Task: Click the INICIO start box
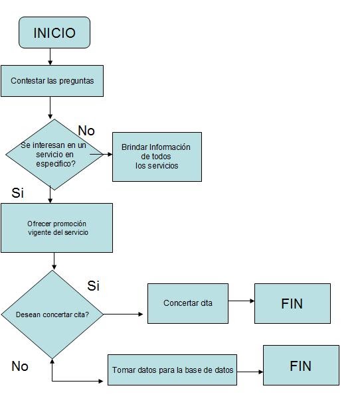click(54, 33)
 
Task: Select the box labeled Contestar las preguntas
click(52, 81)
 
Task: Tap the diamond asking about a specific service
click(54, 155)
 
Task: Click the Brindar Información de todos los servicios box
click(157, 157)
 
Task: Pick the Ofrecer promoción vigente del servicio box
click(56, 228)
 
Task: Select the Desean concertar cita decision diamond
click(52, 314)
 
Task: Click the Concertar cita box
click(188, 303)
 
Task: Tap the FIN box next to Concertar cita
click(292, 303)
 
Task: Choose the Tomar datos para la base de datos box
click(172, 370)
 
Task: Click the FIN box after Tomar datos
click(302, 365)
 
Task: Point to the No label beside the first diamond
click(86, 131)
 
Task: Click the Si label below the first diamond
click(18, 192)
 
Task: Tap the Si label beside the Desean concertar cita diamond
click(94, 286)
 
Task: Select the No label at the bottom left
click(20, 366)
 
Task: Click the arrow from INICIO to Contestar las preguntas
click(50, 57)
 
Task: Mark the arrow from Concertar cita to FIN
click(242, 301)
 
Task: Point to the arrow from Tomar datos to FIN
click(250, 372)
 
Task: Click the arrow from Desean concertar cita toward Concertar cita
click(124, 314)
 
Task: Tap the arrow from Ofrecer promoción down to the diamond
click(54, 261)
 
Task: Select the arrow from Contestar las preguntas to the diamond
click(50, 107)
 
